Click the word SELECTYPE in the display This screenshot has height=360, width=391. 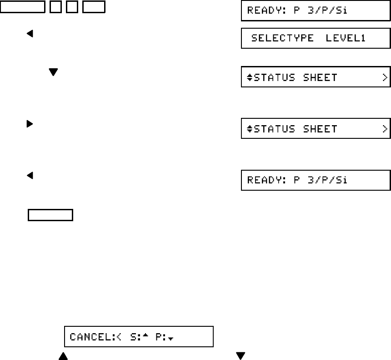coord(282,39)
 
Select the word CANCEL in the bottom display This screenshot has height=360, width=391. coord(86,338)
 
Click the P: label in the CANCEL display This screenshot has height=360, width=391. coord(160,338)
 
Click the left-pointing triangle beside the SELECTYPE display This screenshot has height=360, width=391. coord(30,34)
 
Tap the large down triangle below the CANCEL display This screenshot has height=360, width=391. coord(241,355)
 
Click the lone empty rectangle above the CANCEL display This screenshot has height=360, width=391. coord(50,215)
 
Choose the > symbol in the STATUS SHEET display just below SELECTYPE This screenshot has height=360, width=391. coord(385,78)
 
